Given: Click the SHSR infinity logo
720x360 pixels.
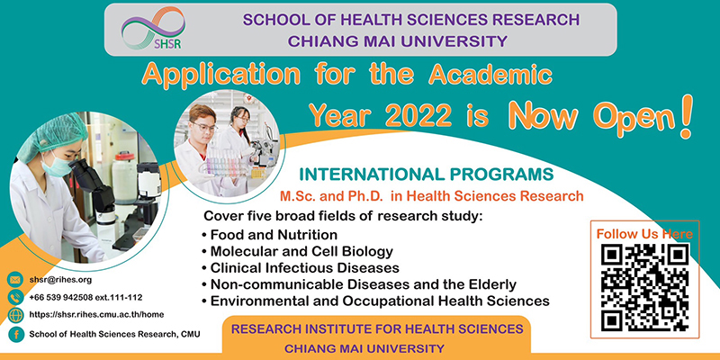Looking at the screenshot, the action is [153, 28].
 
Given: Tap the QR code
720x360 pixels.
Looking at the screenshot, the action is [644, 287].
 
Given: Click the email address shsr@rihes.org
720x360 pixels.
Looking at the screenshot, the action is [60, 280].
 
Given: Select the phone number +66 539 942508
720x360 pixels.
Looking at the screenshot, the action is [61, 298].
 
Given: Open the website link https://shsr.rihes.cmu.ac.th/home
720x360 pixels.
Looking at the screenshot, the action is [96, 314].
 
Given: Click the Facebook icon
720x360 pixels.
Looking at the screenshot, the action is [16, 334].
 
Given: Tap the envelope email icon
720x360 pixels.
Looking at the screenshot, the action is [15, 279].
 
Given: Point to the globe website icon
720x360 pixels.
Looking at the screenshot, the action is [15, 316].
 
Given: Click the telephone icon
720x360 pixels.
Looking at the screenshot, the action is [15, 298].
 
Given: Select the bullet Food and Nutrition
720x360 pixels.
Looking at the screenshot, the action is [269, 235].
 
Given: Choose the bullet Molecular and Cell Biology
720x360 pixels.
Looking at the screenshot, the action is [298, 252].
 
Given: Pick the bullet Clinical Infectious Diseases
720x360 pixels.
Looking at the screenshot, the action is [301, 267].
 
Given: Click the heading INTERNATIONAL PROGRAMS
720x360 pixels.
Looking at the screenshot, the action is [427, 175].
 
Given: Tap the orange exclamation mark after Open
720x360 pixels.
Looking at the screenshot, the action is [686, 118].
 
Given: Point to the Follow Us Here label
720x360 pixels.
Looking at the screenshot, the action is [644, 234].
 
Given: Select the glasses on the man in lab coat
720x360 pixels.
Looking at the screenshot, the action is [204, 126].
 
